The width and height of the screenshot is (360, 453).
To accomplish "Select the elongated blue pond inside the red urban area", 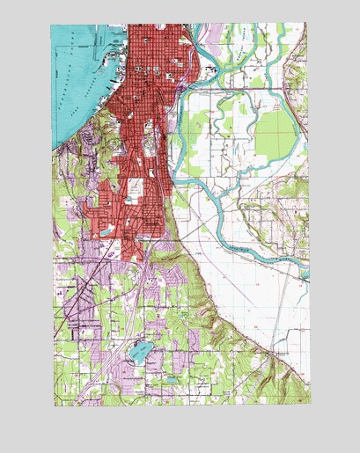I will coord(107,230).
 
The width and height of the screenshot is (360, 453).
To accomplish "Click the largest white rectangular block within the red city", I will coord(135,189).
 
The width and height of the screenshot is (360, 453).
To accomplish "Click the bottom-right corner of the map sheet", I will coord(310,403).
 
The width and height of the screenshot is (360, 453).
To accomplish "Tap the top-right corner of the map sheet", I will coord(307,24).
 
